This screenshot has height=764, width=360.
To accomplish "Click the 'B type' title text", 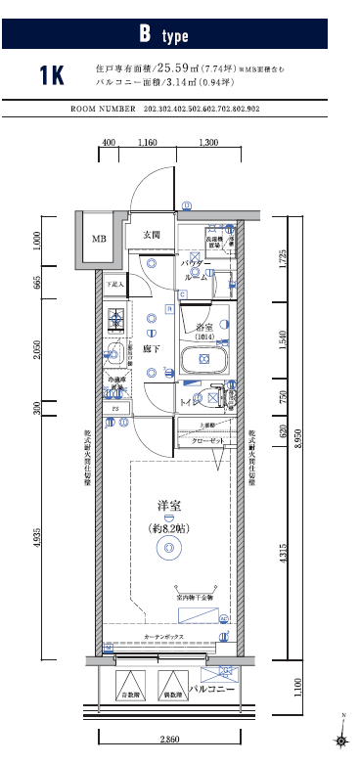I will point(162,35).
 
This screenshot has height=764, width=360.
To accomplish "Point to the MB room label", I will point(99,239).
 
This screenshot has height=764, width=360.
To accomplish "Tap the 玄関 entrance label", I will point(151,235).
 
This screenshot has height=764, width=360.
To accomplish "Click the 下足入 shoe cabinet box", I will point(116,285).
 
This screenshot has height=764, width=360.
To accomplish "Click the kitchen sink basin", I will point(114,355).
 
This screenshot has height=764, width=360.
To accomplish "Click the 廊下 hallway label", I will point(152,347).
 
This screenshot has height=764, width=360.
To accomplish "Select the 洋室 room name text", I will point(169,506).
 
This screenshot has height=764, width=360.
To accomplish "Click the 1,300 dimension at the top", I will point(207,144).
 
